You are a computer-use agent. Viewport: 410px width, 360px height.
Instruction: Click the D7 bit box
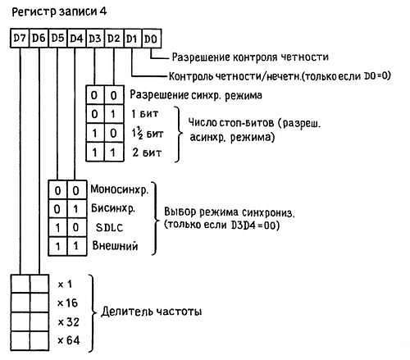click(x=20, y=38)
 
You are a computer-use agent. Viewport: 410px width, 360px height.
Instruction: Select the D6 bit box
click(x=39, y=38)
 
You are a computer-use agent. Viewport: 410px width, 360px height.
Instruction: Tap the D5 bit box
click(x=57, y=38)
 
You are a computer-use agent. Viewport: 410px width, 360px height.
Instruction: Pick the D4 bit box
click(x=76, y=38)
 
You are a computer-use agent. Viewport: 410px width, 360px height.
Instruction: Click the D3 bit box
click(x=95, y=38)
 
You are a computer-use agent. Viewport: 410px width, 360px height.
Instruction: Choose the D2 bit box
click(x=114, y=38)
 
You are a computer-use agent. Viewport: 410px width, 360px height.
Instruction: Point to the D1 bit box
click(x=133, y=38)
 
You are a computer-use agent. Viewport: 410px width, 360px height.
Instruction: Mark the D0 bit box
click(x=151, y=38)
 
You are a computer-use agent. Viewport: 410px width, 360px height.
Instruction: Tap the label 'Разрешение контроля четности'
click(x=251, y=57)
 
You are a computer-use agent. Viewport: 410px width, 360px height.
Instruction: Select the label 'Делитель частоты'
click(x=152, y=312)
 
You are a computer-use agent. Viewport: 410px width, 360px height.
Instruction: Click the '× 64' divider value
click(x=70, y=339)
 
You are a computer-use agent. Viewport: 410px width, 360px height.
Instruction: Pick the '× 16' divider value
click(x=70, y=302)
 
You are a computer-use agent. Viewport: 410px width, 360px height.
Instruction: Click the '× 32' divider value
click(x=70, y=321)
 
